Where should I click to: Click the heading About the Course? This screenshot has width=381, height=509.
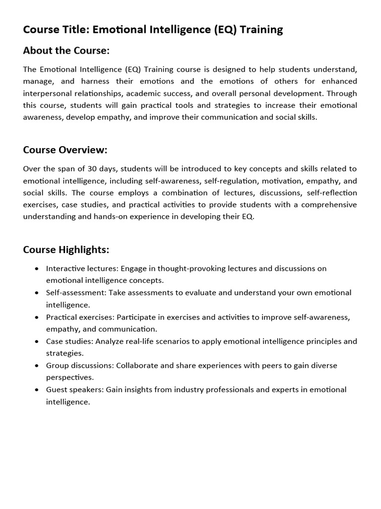[x=66, y=51]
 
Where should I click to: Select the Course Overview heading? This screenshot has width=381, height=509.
[x=65, y=150]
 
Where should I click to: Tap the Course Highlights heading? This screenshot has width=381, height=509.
[x=66, y=250]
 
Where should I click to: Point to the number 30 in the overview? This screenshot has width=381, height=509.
[x=93, y=169]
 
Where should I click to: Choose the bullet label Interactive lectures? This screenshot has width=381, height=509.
[x=82, y=268]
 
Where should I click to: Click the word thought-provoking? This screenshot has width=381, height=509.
[x=190, y=268]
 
